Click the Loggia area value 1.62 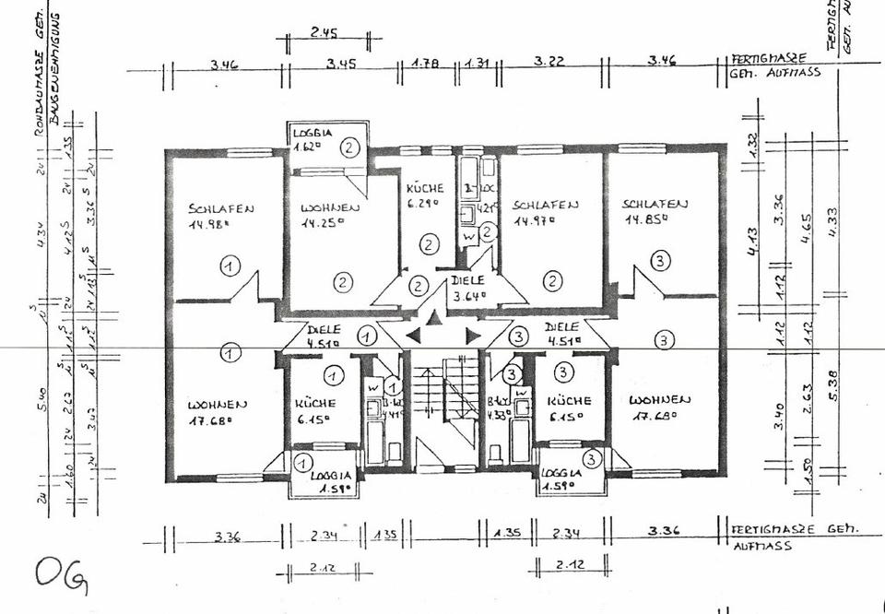pos(307,146)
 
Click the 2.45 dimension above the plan pos(324,33)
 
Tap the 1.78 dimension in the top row pos(426,65)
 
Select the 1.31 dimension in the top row pos(477,65)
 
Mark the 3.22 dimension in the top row pos(549,64)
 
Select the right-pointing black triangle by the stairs pos(472,335)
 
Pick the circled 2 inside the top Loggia pos(348,146)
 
